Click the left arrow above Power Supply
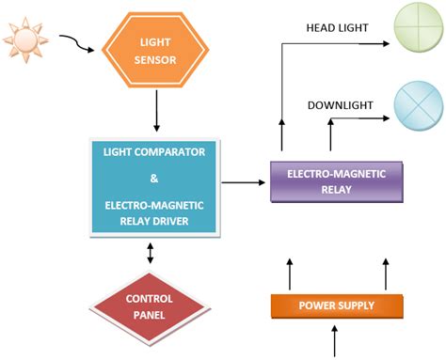click(x=290, y=273)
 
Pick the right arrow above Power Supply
click(x=385, y=273)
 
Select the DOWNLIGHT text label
click(x=337, y=104)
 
